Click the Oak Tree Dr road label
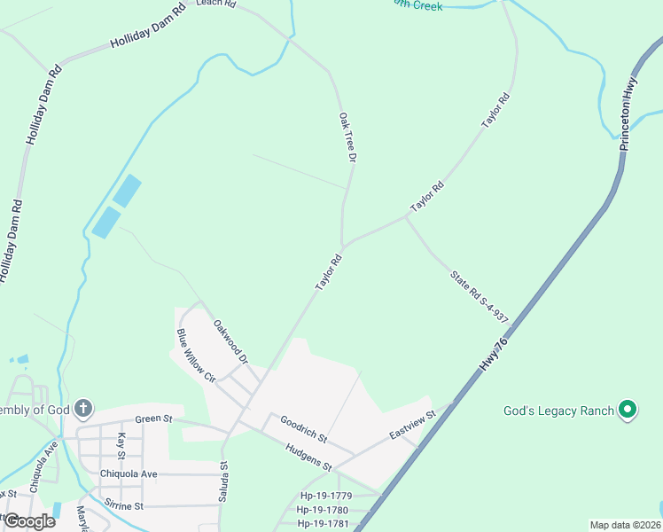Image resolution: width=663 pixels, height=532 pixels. (347, 137)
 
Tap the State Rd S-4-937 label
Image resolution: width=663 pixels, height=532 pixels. (480, 296)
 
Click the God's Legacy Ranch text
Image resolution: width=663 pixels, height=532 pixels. (558, 411)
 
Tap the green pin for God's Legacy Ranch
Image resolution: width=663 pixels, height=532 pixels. (628, 410)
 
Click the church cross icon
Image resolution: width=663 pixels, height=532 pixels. (82, 409)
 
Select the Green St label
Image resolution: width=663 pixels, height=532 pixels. (152, 419)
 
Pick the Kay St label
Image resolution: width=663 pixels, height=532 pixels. (122, 446)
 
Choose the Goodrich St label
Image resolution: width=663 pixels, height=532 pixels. (304, 429)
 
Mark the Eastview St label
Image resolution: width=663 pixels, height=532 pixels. (413, 425)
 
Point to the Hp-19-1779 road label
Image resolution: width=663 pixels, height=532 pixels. (326, 496)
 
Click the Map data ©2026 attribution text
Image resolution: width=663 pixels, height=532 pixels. (625, 525)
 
